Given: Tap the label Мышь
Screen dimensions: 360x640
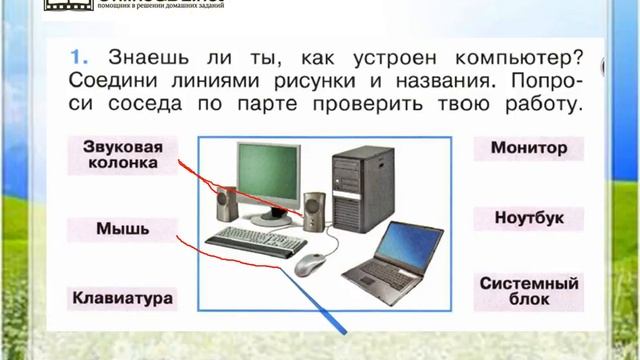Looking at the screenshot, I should (x=122, y=228).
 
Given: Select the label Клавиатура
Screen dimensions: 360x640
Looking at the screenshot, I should (x=122, y=297).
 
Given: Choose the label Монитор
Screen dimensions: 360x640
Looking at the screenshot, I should (x=529, y=148).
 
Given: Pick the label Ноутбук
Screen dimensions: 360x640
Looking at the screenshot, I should (x=529, y=216).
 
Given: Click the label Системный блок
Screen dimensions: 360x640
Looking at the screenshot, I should (x=529, y=292).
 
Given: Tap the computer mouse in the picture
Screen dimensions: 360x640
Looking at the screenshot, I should (x=309, y=264).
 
